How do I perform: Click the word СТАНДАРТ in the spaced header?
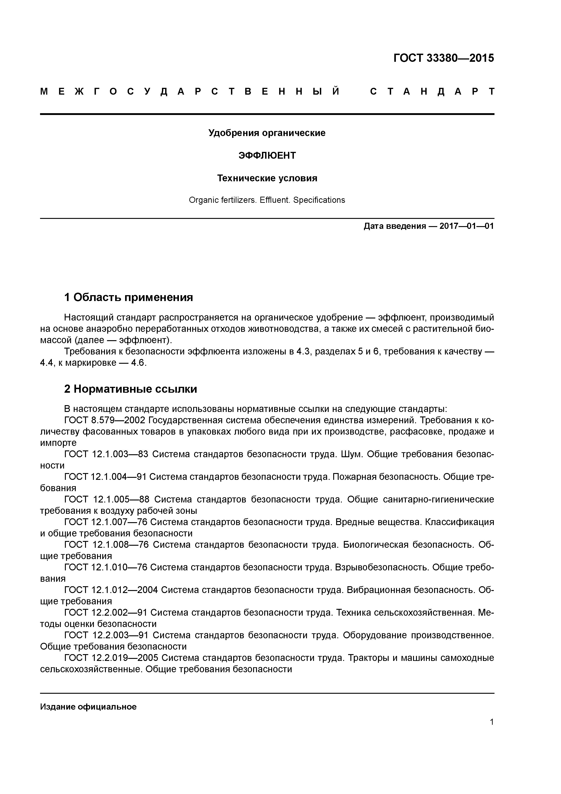432,92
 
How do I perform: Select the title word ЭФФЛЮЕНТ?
267,156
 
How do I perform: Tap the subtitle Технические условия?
267,178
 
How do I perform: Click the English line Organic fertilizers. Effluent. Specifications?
267,200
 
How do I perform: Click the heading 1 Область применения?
128,297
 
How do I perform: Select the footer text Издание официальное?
88,706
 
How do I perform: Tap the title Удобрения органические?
267,133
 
